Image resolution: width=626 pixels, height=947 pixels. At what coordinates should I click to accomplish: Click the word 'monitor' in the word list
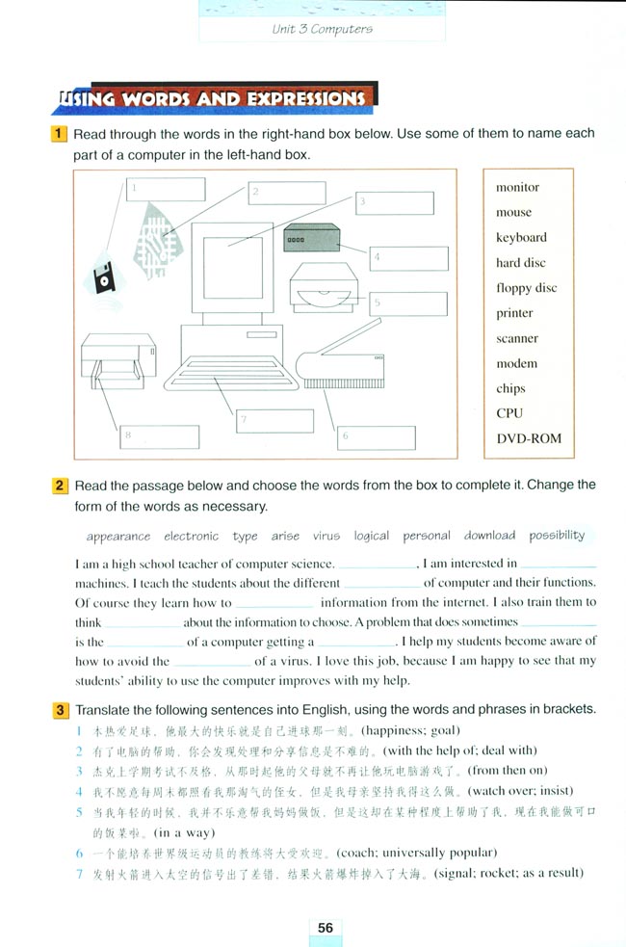(x=517, y=187)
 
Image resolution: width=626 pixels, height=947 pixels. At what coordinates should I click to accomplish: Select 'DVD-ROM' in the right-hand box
(x=528, y=438)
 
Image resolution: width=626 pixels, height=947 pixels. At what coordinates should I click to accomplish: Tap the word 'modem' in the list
(x=516, y=363)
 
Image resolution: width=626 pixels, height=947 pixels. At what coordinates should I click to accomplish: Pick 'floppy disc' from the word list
(x=526, y=288)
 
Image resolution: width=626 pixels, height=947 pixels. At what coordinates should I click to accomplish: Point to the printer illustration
(x=117, y=360)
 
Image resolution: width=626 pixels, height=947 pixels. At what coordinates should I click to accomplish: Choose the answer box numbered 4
(x=409, y=258)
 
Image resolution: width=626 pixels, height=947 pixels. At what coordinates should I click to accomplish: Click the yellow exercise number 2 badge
(x=60, y=486)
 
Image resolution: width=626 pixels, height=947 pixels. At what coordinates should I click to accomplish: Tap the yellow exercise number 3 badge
(x=60, y=710)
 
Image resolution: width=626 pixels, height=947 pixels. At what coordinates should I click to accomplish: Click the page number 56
(x=326, y=927)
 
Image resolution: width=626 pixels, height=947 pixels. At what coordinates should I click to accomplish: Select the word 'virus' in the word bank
(x=326, y=536)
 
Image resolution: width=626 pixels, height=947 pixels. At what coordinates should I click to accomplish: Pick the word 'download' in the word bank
(x=489, y=536)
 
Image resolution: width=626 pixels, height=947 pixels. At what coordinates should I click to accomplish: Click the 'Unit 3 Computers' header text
(x=322, y=29)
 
